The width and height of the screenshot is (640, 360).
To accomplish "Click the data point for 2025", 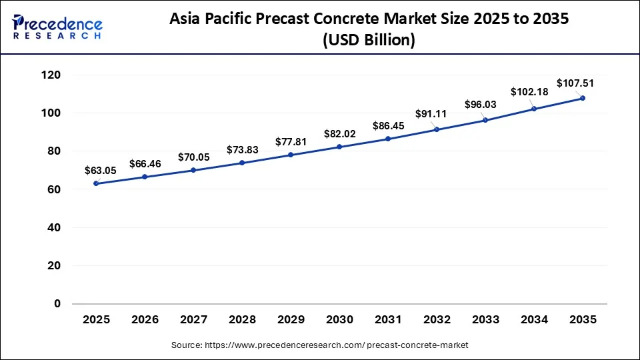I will point(97,183).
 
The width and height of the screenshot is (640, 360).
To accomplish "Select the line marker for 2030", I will point(339,147).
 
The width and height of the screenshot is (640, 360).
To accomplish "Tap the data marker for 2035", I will point(583,98).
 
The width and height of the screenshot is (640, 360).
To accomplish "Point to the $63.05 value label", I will point(101,171).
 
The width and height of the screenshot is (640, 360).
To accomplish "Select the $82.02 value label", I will point(339,134).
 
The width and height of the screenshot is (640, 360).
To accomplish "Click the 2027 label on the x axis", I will point(194,320).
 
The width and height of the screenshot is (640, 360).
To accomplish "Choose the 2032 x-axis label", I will point(437,320).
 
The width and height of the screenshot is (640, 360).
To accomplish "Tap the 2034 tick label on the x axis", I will point(534,320).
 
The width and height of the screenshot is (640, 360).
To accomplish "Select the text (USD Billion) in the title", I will point(369,40).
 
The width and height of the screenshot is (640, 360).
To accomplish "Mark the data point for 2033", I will point(485,120).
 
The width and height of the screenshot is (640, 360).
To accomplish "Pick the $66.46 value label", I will point(145,163).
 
